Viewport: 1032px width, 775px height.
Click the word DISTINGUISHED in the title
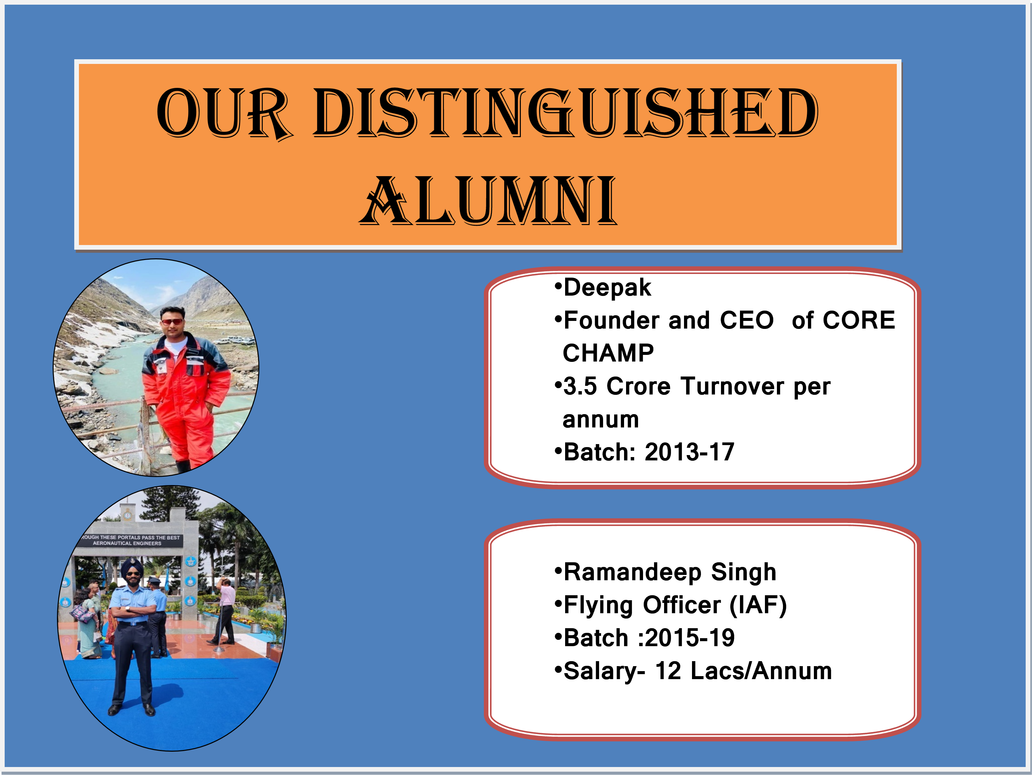pos(565,113)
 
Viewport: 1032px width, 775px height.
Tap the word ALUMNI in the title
pos(489,200)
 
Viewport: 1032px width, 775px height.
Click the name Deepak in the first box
pos(607,287)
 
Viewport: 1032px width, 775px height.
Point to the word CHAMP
pos(608,353)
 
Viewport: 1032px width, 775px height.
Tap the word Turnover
pos(733,386)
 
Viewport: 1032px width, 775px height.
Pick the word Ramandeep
pos(633,572)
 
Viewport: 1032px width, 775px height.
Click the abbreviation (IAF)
pos(758,605)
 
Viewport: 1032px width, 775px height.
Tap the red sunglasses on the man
pos(172,322)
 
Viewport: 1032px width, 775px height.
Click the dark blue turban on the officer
pos(133,566)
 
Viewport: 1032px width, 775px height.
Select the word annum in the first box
pos(601,420)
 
